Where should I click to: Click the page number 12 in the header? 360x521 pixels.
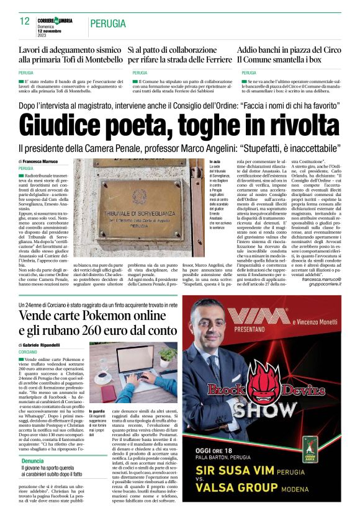(25, 22)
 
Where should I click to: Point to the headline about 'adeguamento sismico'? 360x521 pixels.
(70, 54)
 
